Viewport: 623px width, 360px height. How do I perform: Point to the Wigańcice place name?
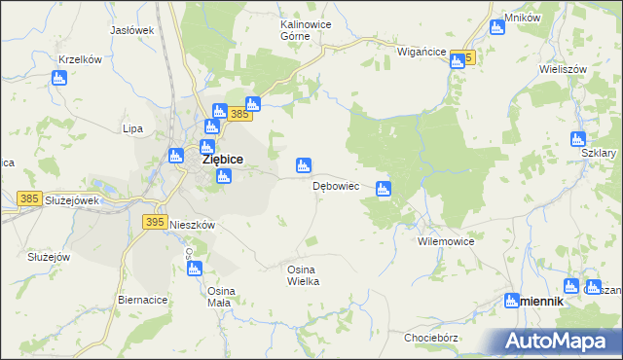[x=421, y=51]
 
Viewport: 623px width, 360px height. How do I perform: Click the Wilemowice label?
[x=445, y=239]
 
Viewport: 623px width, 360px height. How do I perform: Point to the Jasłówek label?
[x=132, y=30]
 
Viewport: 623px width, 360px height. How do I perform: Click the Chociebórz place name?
[x=432, y=337]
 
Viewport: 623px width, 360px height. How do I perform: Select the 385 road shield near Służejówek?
[x=29, y=198]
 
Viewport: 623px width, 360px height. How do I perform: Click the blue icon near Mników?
[x=497, y=26]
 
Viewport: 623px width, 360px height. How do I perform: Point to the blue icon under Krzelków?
[x=58, y=78]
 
